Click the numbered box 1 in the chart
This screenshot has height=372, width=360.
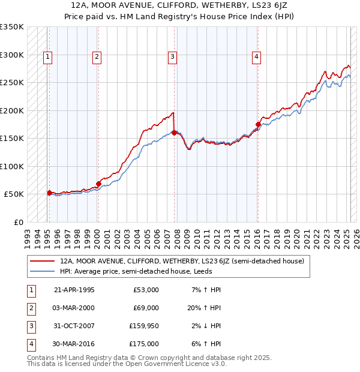pyautogui.click(x=47, y=57)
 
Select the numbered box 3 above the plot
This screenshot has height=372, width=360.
pyautogui.click(x=172, y=57)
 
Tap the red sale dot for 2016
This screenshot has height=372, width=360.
pyautogui.click(x=258, y=125)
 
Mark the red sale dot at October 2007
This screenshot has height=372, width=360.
pyautogui.click(x=174, y=133)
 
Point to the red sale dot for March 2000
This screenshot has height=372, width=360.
pyautogui.click(x=98, y=184)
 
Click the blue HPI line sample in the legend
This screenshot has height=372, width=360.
pyautogui.click(x=43, y=271)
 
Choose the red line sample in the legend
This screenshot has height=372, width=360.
pyautogui.click(x=43, y=261)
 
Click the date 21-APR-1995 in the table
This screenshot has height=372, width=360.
pyautogui.click(x=74, y=290)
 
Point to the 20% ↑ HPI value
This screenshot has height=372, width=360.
pyautogui.click(x=205, y=308)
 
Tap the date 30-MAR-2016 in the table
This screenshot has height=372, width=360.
pyautogui.click(x=74, y=344)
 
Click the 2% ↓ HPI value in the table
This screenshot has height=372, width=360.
pyautogui.click(x=206, y=326)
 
